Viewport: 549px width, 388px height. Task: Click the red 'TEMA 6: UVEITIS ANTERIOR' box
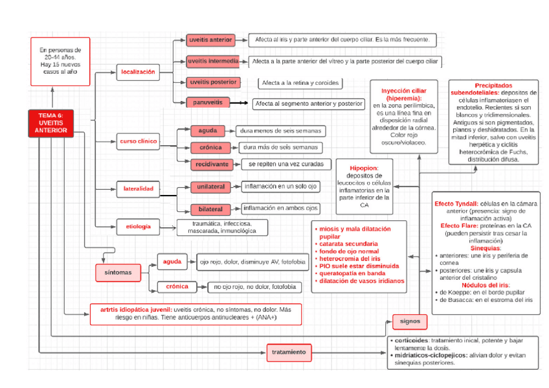click(x=50, y=123)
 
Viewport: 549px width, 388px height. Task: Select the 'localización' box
click(x=138, y=72)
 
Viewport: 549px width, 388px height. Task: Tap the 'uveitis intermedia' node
click(x=213, y=62)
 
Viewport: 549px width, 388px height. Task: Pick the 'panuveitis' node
click(x=208, y=102)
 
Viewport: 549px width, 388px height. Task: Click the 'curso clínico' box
click(x=139, y=141)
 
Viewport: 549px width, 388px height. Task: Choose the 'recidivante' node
click(x=212, y=165)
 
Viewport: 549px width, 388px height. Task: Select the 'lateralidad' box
click(x=139, y=189)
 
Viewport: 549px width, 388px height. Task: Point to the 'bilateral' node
click(x=210, y=209)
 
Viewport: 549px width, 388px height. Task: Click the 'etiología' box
click(x=139, y=227)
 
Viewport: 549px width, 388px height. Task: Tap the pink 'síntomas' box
click(x=118, y=273)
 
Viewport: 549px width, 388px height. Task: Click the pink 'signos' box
click(x=410, y=321)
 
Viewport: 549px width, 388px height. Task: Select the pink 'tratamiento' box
click(x=289, y=352)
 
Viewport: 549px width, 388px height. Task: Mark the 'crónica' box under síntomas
click(x=177, y=287)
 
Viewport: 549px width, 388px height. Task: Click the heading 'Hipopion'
click(x=363, y=168)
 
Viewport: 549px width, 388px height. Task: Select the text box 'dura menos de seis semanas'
click(x=280, y=131)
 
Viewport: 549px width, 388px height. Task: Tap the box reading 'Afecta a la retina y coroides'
click(x=300, y=84)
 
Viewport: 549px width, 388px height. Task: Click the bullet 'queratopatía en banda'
click(x=352, y=273)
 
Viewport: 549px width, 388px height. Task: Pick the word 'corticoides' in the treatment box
click(x=411, y=340)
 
